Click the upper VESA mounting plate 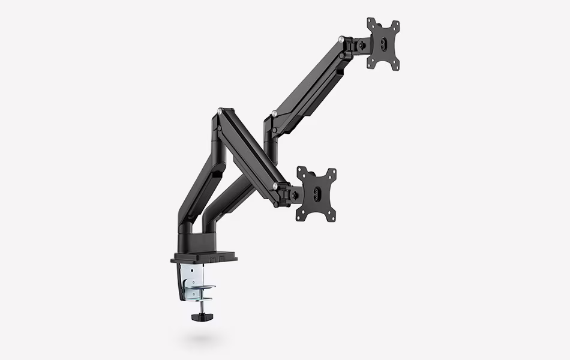coord(383,44)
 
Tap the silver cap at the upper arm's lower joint coord(274,113)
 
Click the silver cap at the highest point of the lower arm coord(223,110)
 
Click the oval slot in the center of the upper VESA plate coord(385,44)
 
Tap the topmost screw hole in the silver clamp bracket coord(193,268)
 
